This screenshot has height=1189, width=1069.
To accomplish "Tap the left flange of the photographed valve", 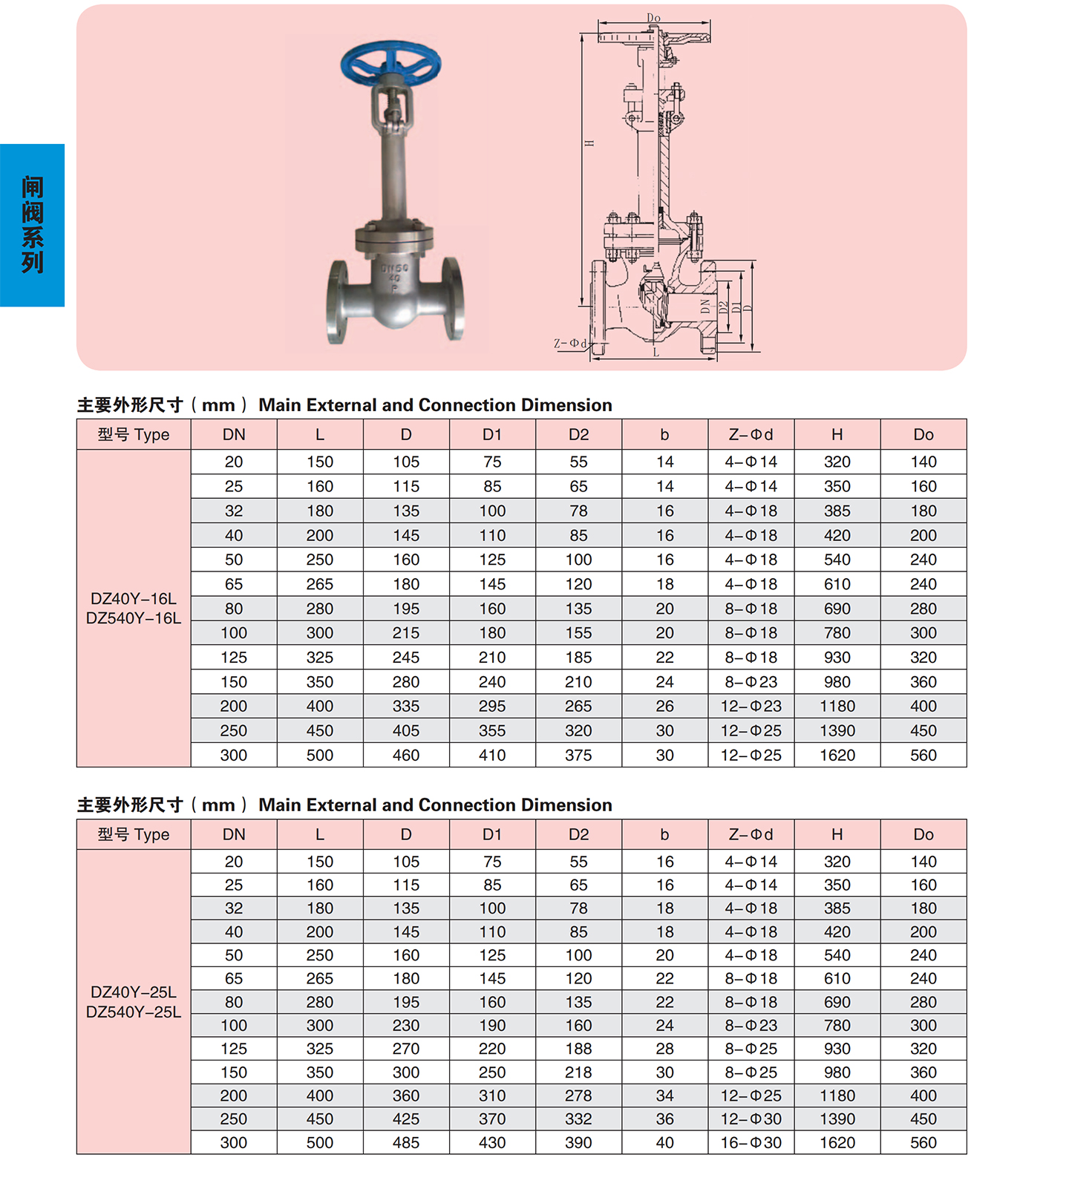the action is (x=338, y=301).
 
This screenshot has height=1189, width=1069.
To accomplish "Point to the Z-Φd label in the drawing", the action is (x=570, y=343).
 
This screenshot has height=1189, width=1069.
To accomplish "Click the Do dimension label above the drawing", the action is (x=653, y=18).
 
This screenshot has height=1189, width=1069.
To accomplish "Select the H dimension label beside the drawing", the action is (x=589, y=143).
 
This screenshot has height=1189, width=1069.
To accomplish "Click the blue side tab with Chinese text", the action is (x=32, y=225).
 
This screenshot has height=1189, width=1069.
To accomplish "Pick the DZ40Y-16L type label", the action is (x=134, y=598).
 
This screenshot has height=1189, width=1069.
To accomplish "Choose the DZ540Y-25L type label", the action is (x=134, y=1012).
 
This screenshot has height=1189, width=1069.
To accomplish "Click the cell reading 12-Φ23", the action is (x=751, y=706).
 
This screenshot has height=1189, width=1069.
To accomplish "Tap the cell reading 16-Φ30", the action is (x=751, y=1142).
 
